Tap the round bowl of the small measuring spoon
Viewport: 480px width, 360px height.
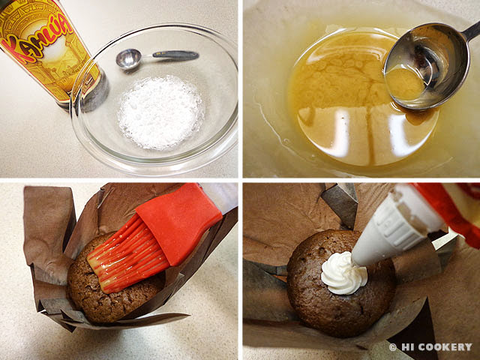pyautogui.click(x=129, y=58)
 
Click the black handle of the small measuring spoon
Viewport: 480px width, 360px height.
pyautogui.click(x=175, y=55)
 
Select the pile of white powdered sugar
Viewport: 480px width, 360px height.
pyautogui.click(x=161, y=112)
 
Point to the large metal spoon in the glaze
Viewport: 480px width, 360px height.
pyautogui.click(x=428, y=66)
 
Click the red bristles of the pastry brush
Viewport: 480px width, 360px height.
pyautogui.click(x=127, y=254)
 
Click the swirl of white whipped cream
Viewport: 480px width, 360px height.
pyautogui.click(x=343, y=273)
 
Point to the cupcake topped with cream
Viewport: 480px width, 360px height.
pyautogui.click(x=340, y=283)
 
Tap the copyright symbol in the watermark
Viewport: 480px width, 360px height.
pyautogui.click(x=392, y=347)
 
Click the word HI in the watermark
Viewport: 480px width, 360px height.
pyautogui.click(x=406, y=346)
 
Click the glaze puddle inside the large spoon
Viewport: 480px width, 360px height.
pyautogui.click(x=404, y=83)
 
